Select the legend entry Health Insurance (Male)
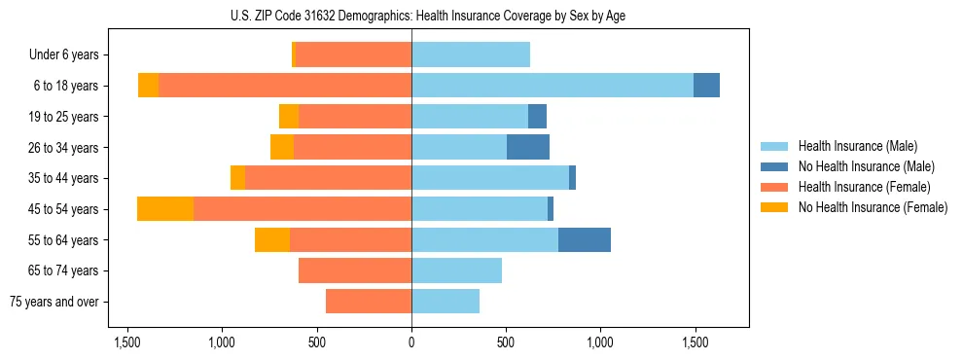[857, 146]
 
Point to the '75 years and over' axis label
[54, 302]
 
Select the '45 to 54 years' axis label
[63, 209]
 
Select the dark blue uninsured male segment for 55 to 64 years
[585, 239]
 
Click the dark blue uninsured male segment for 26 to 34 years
[528, 147]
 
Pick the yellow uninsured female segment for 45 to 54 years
[165, 209]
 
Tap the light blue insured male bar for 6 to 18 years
[553, 86]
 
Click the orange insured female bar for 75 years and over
[369, 302]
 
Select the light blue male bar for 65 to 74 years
[456, 270]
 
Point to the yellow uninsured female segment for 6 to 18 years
[148, 86]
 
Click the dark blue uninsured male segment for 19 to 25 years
[537, 117]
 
